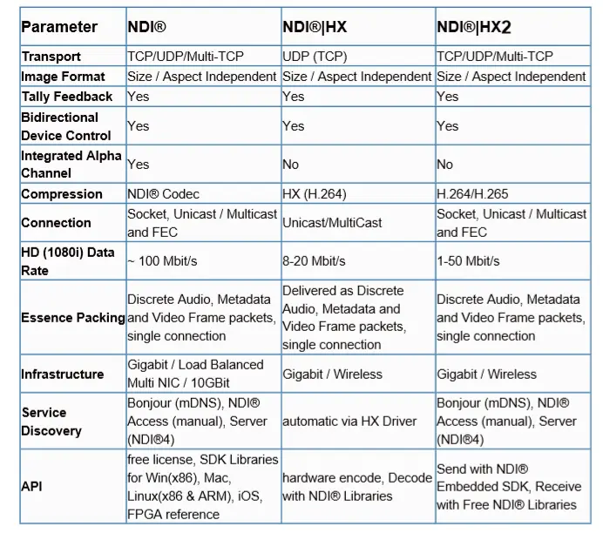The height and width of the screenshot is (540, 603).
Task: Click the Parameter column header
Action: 59,27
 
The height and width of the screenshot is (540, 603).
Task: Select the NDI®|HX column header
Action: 314,27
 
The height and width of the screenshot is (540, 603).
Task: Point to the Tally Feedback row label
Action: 67,96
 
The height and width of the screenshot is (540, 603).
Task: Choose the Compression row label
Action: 61,194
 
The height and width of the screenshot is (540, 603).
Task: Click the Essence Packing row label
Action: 73,318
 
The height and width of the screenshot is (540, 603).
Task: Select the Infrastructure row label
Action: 63,375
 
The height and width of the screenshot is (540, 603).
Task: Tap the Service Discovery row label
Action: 51,422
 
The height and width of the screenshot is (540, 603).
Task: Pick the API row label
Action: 31,487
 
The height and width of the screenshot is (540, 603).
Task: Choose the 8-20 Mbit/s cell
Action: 314,261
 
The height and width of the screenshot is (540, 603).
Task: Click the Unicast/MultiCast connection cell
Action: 332,223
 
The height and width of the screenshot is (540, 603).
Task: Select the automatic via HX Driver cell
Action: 349,422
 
